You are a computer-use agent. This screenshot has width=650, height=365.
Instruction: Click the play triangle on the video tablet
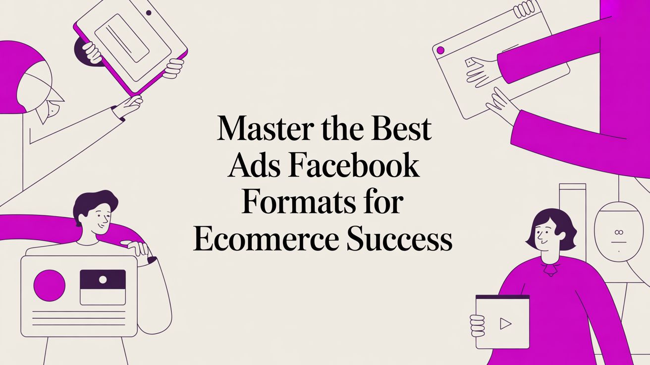pyautogui.click(x=505, y=324)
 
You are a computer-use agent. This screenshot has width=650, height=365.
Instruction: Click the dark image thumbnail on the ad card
pyautogui.click(x=103, y=279)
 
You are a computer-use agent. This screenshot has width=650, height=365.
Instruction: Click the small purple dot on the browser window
pyautogui.click(x=440, y=50)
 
